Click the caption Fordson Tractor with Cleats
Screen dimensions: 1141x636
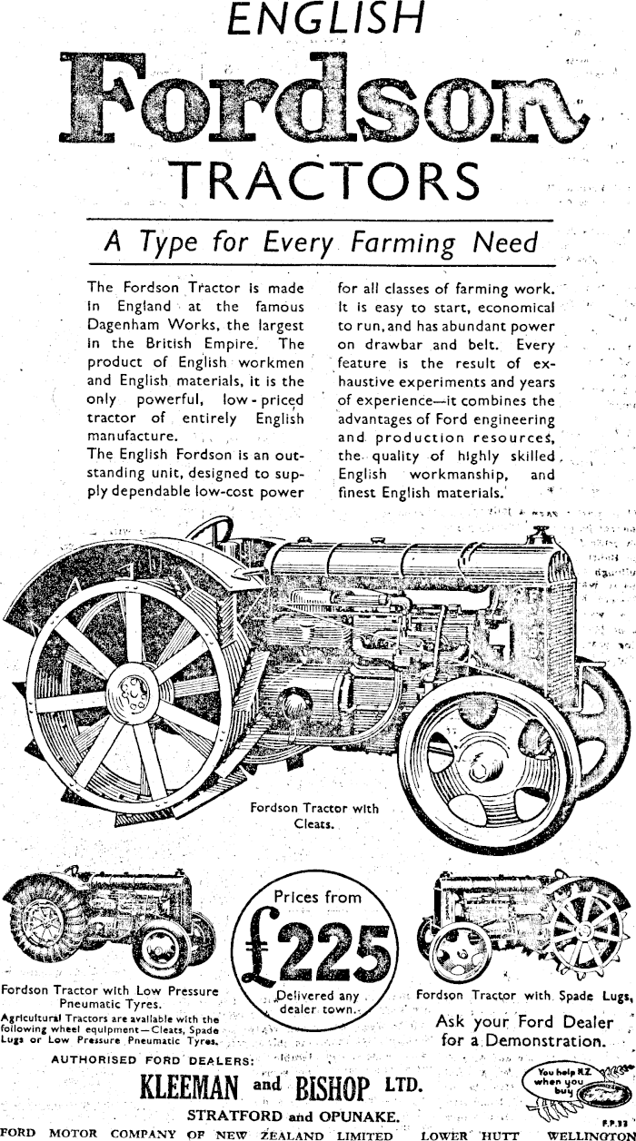(314, 816)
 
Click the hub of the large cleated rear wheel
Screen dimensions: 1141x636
(136, 692)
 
